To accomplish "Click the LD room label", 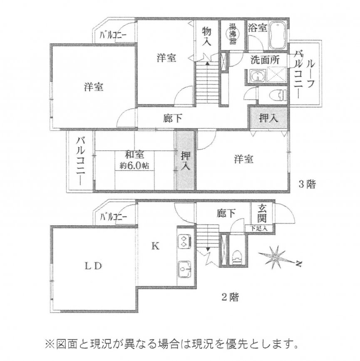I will tap(92, 266).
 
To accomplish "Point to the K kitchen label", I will tap(155, 246).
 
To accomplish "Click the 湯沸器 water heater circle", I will tap(232, 35).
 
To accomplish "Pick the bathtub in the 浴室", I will tap(276, 36).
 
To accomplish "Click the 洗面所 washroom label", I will tap(265, 60).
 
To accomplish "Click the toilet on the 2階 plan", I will tap(236, 256).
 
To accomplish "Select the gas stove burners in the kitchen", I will tap(184, 241).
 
